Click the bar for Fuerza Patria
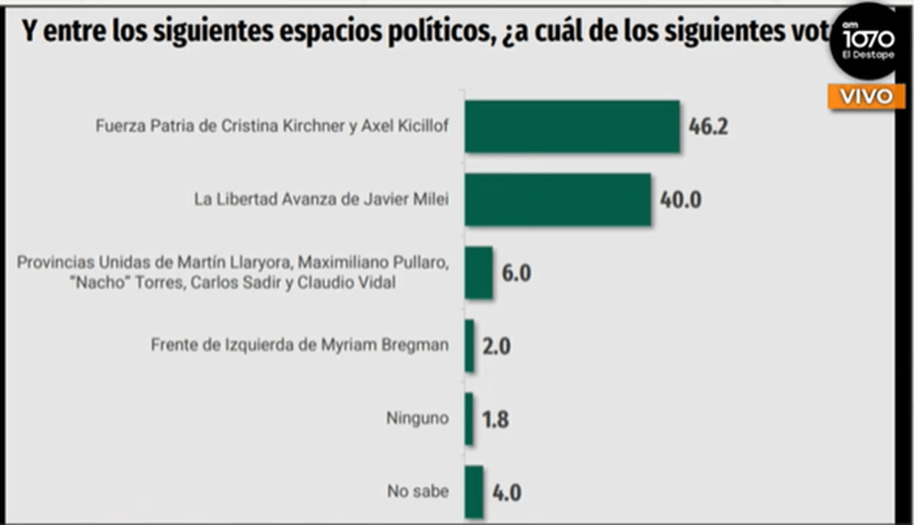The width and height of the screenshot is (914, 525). pyautogui.click(x=572, y=126)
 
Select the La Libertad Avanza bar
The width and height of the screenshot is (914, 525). pyautogui.click(x=557, y=199)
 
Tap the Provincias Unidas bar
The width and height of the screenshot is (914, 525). pyautogui.click(x=479, y=272)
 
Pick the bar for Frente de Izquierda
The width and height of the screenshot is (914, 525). pyautogui.click(x=470, y=346)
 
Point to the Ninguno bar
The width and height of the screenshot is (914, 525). pyautogui.click(x=469, y=419)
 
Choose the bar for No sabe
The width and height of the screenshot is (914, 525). pyautogui.click(x=474, y=491)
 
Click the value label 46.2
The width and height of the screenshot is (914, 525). pyautogui.click(x=709, y=127)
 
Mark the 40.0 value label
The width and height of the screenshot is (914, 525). pyautogui.click(x=682, y=200)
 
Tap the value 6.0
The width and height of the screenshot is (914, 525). pyautogui.click(x=516, y=273)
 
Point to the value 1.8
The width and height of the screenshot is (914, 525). pyautogui.click(x=496, y=420)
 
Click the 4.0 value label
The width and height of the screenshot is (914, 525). pyautogui.click(x=507, y=492)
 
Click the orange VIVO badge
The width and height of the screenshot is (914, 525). pyautogui.click(x=867, y=96)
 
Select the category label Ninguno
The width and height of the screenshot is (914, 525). pyautogui.click(x=417, y=419)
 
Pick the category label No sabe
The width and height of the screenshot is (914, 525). pyautogui.click(x=417, y=491)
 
